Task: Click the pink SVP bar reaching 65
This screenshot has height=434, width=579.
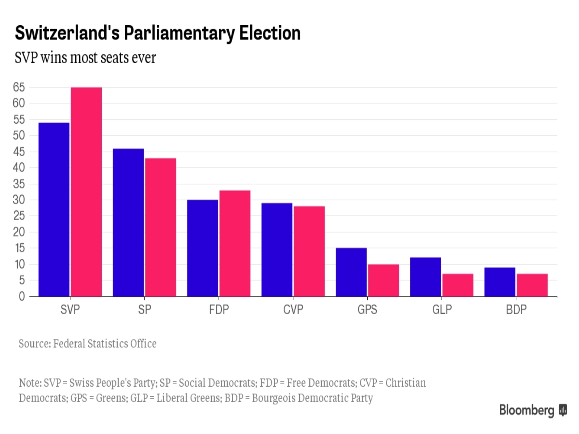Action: (86, 192)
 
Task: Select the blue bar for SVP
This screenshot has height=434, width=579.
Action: (54, 210)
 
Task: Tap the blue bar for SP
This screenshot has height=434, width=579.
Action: (128, 222)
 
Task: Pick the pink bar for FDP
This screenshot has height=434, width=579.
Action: (235, 243)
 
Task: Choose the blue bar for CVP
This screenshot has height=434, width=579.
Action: (277, 250)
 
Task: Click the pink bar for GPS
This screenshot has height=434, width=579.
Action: (384, 280)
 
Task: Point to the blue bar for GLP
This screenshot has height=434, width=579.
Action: (426, 277)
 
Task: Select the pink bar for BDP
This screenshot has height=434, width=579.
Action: (532, 285)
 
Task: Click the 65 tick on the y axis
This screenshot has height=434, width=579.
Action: (19, 87)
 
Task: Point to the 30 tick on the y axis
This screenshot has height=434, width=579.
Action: (19, 200)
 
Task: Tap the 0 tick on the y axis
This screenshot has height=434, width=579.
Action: (22, 297)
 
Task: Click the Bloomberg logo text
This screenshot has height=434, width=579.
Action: (527, 410)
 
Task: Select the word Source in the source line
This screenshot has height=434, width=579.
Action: (34, 344)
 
